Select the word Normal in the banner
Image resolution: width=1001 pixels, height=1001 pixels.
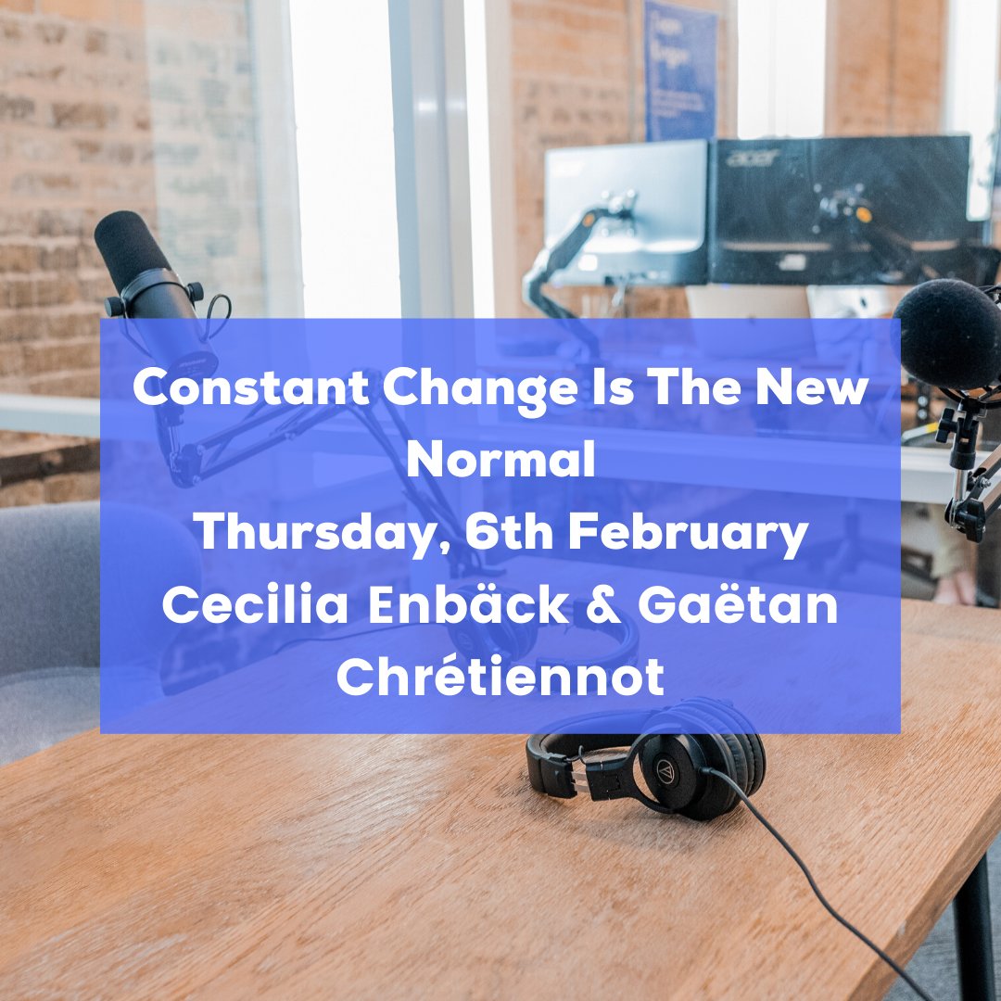click(500, 461)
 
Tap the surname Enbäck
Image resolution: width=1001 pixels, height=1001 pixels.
click(475, 605)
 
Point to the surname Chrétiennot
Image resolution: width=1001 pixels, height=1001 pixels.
click(500, 678)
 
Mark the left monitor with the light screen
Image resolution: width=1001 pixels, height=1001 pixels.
click(626, 209)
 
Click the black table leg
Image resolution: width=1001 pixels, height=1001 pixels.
click(974, 927)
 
